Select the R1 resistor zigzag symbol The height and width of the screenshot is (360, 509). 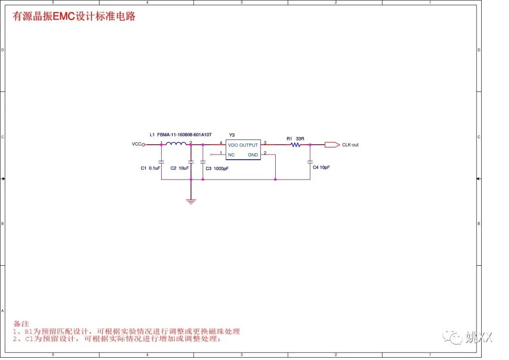[x=296, y=145]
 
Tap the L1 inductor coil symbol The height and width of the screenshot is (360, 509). [x=176, y=144]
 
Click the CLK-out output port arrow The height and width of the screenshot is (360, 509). [x=332, y=145]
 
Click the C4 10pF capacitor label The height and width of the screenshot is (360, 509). [x=321, y=167]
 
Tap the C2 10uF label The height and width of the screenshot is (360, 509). [x=180, y=168]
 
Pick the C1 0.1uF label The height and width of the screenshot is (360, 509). [x=150, y=168]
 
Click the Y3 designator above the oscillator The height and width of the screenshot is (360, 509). [x=231, y=135]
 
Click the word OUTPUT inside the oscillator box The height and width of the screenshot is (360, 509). [x=249, y=145]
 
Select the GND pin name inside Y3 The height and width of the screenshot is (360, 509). [x=253, y=155]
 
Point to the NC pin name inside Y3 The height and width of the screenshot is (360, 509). [x=231, y=155]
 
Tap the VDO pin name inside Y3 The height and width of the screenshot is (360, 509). [x=233, y=145]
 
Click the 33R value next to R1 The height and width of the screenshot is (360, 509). [x=300, y=139]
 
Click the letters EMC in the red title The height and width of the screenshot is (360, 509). [x=64, y=16]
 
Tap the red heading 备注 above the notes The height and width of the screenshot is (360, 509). [x=21, y=324]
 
